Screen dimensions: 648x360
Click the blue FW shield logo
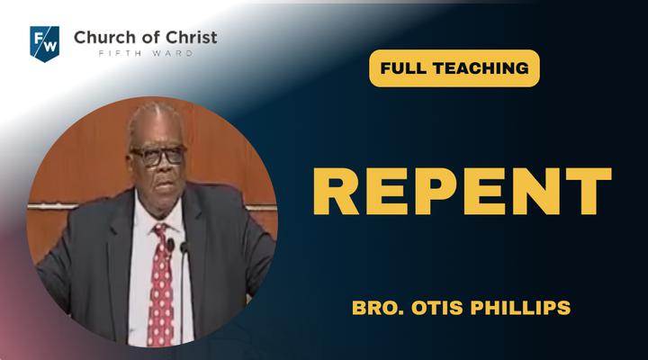coord(45,44)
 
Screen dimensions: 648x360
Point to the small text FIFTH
coord(121,53)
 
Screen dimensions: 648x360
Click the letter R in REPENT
coord(337,192)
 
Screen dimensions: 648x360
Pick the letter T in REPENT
coord(589,192)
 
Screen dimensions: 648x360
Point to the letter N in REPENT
coord(537,192)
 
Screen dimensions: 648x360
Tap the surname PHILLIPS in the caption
coord(521,308)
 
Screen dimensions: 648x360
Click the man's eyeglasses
coord(157,156)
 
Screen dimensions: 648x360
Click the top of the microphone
coord(183,247)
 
